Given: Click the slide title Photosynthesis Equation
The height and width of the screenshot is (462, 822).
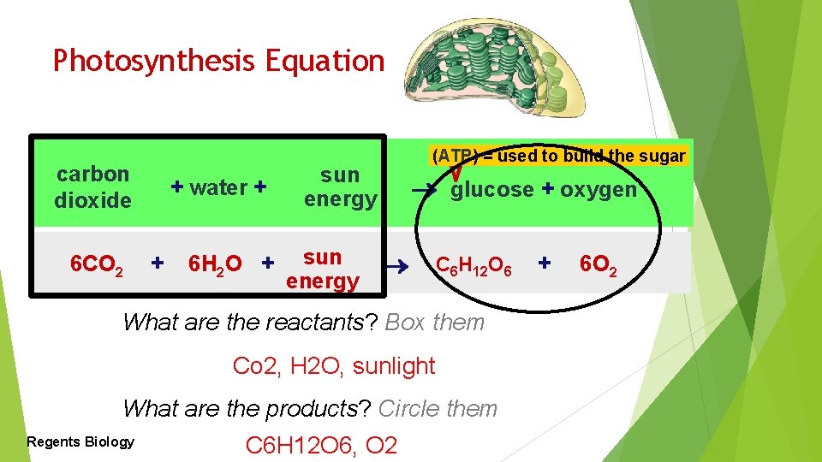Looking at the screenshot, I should coord(218,61).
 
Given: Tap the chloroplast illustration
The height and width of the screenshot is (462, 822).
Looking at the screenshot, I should coord(496,68).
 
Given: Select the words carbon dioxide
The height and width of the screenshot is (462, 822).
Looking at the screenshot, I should coord(93,187).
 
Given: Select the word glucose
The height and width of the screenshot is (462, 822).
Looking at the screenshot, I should coord(492,189).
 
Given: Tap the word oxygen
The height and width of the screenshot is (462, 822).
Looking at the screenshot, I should coord(599,189).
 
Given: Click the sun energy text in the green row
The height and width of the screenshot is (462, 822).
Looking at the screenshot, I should coord(340,187).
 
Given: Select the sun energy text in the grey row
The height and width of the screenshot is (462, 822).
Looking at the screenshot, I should coord(323,269).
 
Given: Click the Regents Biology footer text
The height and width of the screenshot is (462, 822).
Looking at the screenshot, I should coord(80,441).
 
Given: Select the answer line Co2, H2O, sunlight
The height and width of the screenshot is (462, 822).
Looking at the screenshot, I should coord(334,366).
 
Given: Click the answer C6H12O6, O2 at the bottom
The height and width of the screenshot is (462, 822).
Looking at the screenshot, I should coord(321,446).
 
